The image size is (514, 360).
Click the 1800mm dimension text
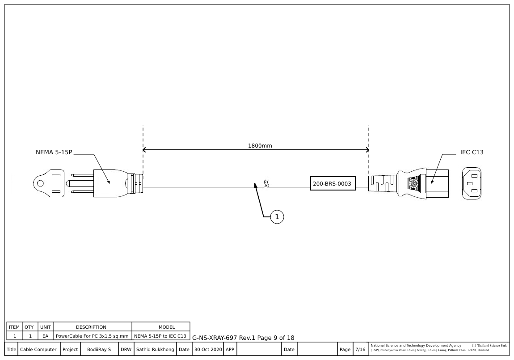(x=260, y=146)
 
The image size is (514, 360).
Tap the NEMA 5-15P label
(x=54, y=152)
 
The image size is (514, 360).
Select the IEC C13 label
(x=472, y=152)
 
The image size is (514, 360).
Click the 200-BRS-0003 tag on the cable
(x=333, y=183)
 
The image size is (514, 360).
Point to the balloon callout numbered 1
(x=277, y=217)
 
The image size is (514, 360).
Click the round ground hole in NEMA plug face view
(x=40, y=183)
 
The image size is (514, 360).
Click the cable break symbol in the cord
(x=267, y=183)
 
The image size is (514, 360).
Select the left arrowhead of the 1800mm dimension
(x=144, y=150)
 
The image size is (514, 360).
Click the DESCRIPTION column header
(x=91, y=327)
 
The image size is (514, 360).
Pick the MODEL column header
(x=160, y=327)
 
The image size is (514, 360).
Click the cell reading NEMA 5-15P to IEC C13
(x=160, y=336)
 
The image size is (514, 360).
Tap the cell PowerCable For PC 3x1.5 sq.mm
(x=92, y=336)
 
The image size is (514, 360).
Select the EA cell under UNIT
(x=45, y=336)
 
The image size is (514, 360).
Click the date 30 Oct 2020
(x=207, y=350)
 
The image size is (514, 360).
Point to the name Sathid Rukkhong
(x=155, y=350)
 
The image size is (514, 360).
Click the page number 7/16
(x=360, y=350)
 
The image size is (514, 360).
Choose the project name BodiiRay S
(x=99, y=350)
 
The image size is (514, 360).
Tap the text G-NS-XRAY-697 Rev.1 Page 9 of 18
(x=243, y=338)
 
